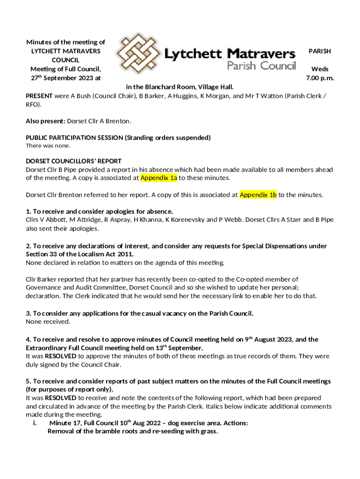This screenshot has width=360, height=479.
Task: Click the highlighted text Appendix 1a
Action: pos(159,178)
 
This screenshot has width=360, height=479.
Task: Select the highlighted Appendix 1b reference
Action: pos(258,195)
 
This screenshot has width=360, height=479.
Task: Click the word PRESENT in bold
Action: pos(39,96)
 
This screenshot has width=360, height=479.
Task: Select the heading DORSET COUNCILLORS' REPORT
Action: pos(73,161)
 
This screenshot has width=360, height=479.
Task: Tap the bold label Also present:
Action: pos(45,121)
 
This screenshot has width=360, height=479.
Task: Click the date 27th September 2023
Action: pos(59,78)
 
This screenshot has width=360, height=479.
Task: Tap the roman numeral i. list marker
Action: pos(35,423)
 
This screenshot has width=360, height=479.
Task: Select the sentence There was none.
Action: pos(48,146)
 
